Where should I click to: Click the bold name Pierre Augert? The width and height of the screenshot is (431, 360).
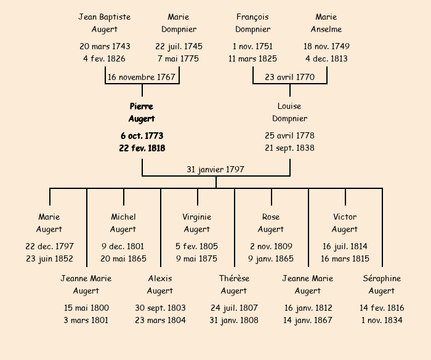tap(142, 113)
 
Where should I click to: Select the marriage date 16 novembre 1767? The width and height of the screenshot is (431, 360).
tap(142, 78)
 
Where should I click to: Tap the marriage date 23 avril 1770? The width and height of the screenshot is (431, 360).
tap(289, 78)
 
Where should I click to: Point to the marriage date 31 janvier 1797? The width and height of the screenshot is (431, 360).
tap(216, 169)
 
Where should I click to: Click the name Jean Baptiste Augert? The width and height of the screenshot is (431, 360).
tap(105, 23)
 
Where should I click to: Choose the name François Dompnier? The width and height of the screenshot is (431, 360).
tap(252, 23)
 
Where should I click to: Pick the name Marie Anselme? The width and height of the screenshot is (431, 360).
tap(326, 23)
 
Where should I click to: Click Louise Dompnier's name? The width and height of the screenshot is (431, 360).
tap(289, 113)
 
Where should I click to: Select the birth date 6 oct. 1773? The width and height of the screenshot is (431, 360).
tap(142, 135)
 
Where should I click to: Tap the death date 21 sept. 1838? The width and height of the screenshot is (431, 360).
tap(289, 148)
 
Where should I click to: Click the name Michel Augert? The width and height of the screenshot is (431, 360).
tap(123, 223)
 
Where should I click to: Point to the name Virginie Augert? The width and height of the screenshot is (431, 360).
tap(197, 223)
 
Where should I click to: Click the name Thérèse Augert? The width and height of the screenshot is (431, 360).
tap(234, 285)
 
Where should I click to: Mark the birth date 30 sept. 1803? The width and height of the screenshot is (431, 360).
tap(160, 308)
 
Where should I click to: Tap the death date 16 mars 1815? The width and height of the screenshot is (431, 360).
tap(345, 258)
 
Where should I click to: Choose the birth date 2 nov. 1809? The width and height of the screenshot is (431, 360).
tap(271, 246)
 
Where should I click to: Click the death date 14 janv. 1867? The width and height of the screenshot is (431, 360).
tap(308, 320)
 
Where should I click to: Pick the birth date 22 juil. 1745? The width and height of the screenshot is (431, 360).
tap(179, 46)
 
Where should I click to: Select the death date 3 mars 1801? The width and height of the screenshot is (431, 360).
tap(86, 320)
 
